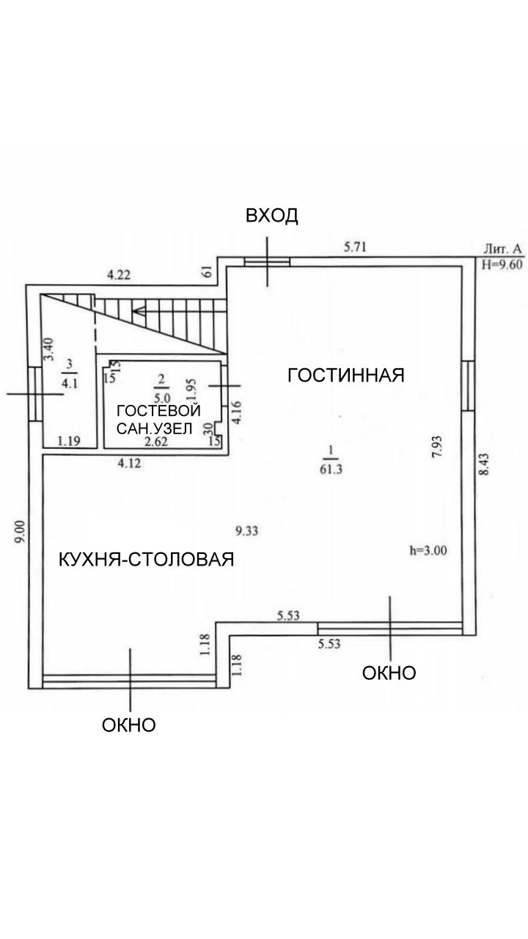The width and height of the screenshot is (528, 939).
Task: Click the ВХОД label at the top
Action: pos(271,216)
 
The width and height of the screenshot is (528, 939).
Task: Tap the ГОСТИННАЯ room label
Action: pos(345,375)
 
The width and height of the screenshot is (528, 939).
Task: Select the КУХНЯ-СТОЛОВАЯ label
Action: pos(146,559)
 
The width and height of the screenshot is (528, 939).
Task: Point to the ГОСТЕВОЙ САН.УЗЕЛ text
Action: pos(158,419)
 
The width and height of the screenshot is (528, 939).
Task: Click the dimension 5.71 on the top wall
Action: pos(355,247)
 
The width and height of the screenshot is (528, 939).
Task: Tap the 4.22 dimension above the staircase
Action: pos(119,275)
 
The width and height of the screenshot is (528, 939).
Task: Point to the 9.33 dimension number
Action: pos(247,532)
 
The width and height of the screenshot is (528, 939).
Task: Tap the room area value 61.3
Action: pos(331,469)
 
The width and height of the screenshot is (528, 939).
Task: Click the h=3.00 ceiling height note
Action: pos(428,550)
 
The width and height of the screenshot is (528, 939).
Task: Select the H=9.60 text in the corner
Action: pos(502,265)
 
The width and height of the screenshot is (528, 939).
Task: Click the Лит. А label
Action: pos(503,249)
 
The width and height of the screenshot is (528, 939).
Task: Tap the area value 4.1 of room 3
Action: pos(70,383)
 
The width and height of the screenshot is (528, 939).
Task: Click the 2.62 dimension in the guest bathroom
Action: pos(156,442)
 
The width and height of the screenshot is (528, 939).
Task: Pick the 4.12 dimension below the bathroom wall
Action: pos(130,463)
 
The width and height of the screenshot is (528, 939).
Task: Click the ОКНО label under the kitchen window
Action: pos(128,725)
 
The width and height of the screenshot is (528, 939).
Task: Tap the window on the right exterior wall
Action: pos(469,385)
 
